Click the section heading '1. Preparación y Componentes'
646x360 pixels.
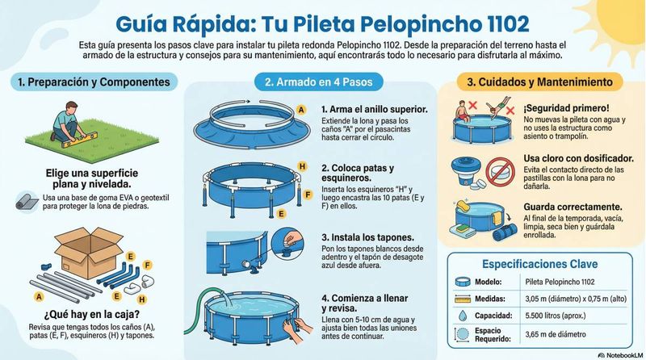(x=94, y=82)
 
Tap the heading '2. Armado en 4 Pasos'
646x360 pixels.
(x=318, y=82)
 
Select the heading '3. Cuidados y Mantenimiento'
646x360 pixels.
(x=539, y=82)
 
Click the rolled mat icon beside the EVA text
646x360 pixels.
(x=27, y=203)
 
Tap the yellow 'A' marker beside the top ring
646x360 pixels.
(x=301, y=110)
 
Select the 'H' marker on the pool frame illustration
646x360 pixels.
(x=302, y=166)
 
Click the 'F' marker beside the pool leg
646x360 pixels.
(x=308, y=195)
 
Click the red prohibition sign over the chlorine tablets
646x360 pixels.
(x=500, y=172)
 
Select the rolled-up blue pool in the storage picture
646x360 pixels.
(x=505, y=232)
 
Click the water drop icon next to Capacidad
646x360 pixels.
(x=463, y=316)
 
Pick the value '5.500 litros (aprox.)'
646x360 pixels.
(x=556, y=316)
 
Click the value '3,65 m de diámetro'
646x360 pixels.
(x=556, y=334)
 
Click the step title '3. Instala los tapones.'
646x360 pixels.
(x=367, y=237)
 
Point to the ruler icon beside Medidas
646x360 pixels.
(x=463, y=299)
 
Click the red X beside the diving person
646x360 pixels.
(x=510, y=111)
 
